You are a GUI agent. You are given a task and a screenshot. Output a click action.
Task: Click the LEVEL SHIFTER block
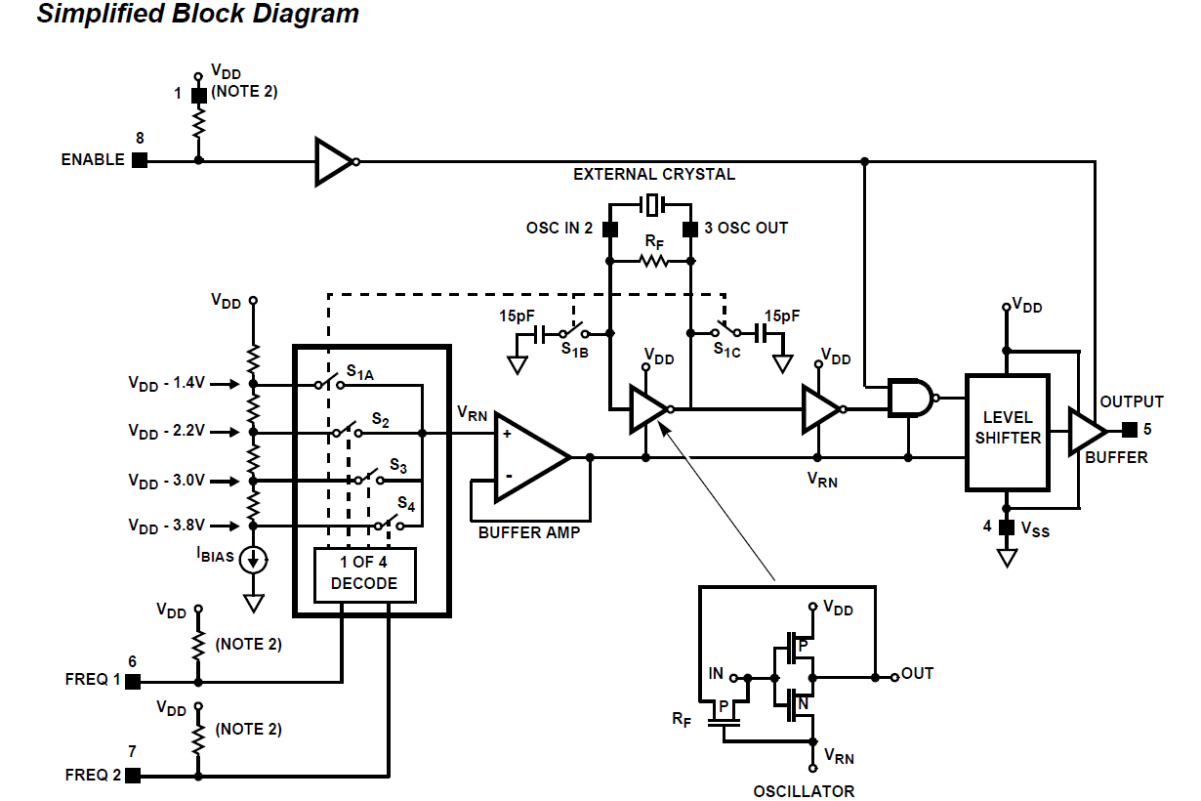pyautogui.click(x=1007, y=431)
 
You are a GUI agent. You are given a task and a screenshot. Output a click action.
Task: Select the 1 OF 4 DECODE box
pyautogui.click(x=364, y=573)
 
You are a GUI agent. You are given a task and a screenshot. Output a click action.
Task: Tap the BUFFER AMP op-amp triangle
pyautogui.click(x=528, y=456)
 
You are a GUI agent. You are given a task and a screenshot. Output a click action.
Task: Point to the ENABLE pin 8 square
pyautogui.click(x=140, y=160)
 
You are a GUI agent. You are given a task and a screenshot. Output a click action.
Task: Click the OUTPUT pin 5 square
pyautogui.click(x=1130, y=429)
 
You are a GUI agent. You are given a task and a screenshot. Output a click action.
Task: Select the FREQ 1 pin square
pyautogui.click(x=133, y=681)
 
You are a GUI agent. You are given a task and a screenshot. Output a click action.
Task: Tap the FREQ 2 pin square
pyautogui.click(x=133, y=776)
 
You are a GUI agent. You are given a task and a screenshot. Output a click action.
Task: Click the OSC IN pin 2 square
pyautogui.click(x=609, y=230)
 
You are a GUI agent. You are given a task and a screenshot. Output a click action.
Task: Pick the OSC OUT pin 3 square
pyautogui.click(x=690, y=230)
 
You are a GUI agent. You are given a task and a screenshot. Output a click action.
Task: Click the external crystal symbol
pyautogui.click(x=651, y=205)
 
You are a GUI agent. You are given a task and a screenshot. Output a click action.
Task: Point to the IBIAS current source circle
pyautogui.click(x=254, y=560)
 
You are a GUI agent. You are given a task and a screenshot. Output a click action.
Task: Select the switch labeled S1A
pyautogui.click(x=330, y=384)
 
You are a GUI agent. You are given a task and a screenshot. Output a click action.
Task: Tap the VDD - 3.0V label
pyautogui.click(x=166, y=482)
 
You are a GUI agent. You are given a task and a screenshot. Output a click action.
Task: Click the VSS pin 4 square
pyautogui.click(x=1007, y=527)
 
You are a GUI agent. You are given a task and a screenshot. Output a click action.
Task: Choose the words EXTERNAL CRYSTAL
pyautogui.click(x=653, y=175)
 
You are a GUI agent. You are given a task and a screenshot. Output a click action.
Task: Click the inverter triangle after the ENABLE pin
pyautogui.click(x=333, y=161)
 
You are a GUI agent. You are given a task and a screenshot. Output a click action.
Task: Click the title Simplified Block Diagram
pyautogui.click(x=198, y=15)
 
